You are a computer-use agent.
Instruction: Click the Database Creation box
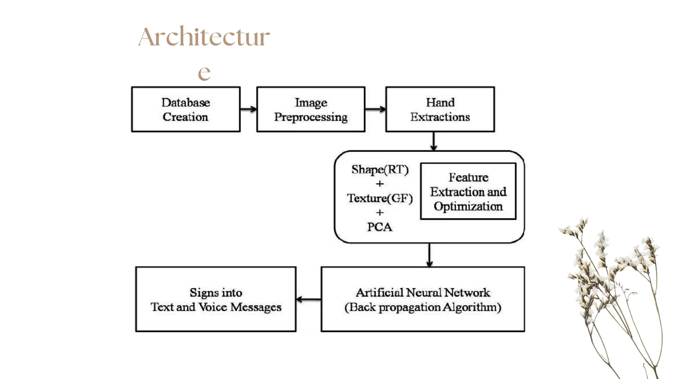[x=186, y=110]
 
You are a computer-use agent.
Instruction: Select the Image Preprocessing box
[x=311, y=110]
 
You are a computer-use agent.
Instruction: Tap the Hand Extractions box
[x=440, y=110]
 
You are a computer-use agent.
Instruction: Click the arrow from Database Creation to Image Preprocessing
[x=248, y=109]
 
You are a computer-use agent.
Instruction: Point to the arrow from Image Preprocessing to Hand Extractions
[x=375, y=109]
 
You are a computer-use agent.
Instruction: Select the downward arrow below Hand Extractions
[x=433, y=141]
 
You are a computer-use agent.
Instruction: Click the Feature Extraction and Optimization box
[x=468, y=191]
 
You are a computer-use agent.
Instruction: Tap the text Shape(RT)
[x=380, y=170]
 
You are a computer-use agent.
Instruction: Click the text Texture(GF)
[x=380, y=198]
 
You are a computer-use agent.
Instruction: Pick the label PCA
[x=379, y=227]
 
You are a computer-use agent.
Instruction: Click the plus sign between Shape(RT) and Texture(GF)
[x=380, y=184]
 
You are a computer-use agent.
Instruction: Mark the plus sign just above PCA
[x=380, y=213]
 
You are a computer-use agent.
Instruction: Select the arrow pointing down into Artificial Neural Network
[x=429, y=255]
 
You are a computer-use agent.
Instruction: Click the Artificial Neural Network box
[x=423, y=299]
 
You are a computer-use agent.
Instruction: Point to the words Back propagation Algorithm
[x=423, y=307]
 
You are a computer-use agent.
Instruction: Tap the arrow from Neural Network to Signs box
[x=308, y=299]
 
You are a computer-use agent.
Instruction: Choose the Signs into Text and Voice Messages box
[x=216, y=299]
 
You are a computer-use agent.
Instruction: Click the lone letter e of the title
[x=204, y=73]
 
